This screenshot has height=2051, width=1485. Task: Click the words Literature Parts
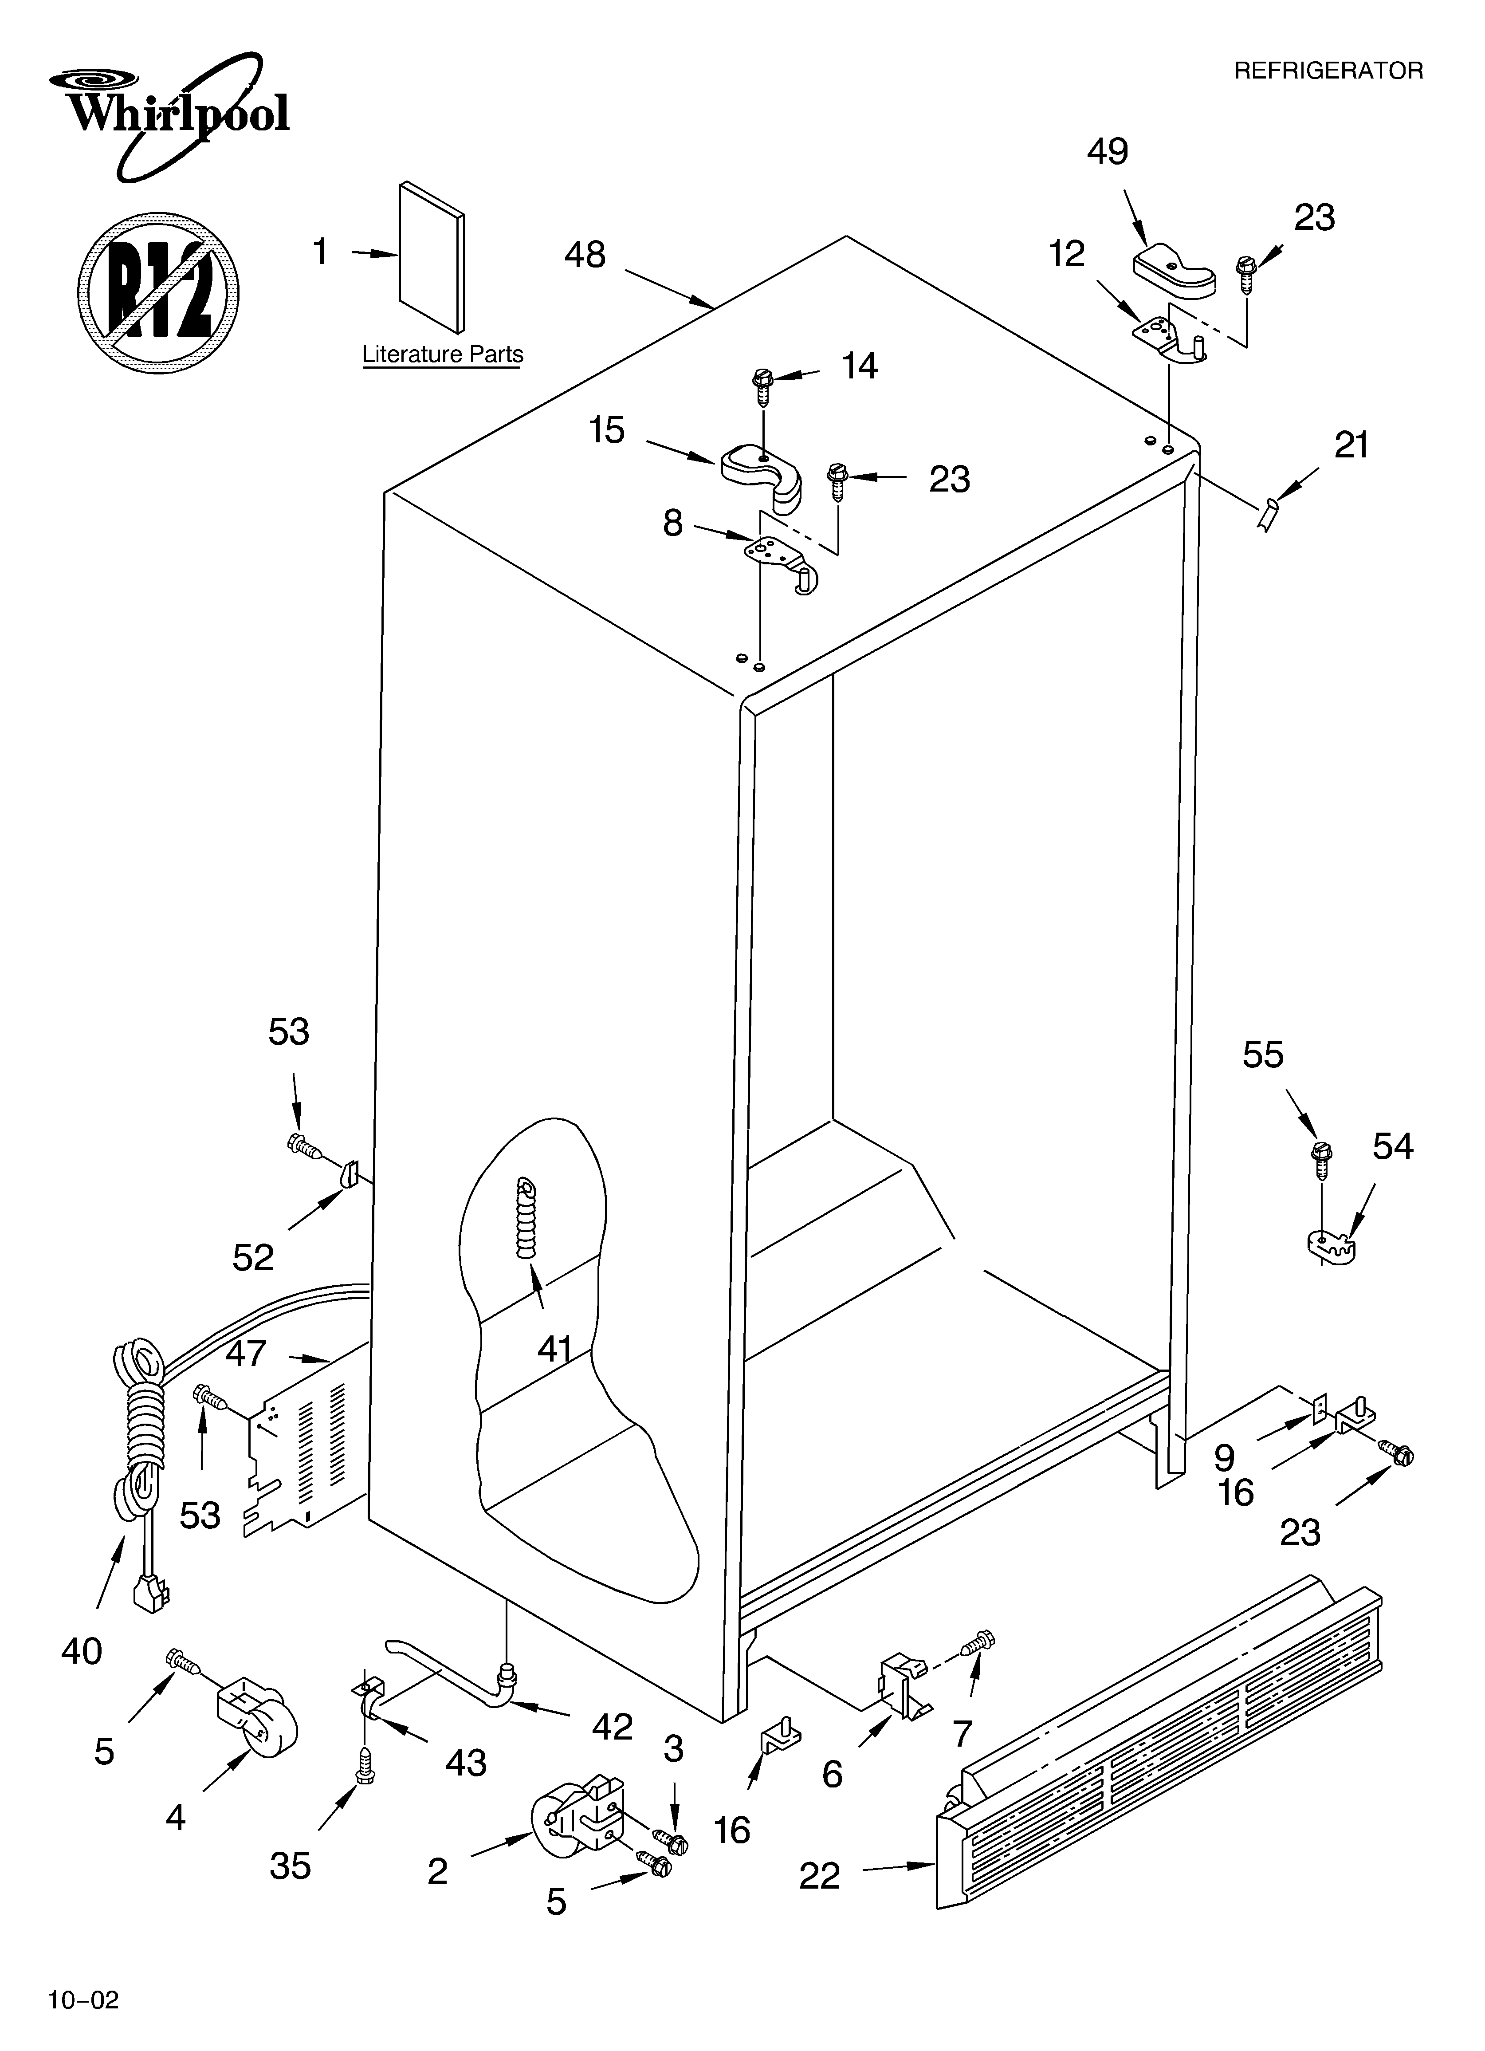click(x=442, y=354)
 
